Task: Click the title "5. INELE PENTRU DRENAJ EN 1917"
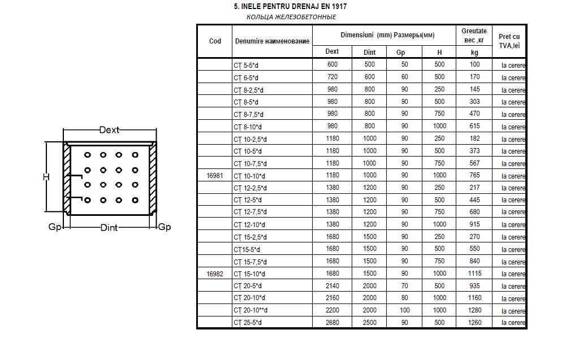pos(290,7)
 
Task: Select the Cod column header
pos(215,41)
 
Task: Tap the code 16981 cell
pos(215,176)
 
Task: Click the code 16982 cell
pos(215,274)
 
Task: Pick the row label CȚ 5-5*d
pos(246,65)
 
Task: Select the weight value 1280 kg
pos(474,310)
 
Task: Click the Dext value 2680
pos(332,323)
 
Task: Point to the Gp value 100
pos(404,310)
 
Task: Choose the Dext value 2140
pos(332,286)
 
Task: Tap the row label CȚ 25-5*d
pos(248,323)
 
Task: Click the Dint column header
pos(369,52)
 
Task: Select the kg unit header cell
pos(474,52)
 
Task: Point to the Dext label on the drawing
pos(109,130)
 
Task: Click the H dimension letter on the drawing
pos(46,177)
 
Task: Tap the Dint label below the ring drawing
pos(109,228)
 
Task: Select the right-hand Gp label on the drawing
pos(164,227)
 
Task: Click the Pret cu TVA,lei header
pos(509,41)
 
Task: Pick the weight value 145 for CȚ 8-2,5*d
pos(474,89)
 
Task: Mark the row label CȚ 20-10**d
pos(250,310)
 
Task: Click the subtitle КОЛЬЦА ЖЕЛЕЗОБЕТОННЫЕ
pos(291,17)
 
